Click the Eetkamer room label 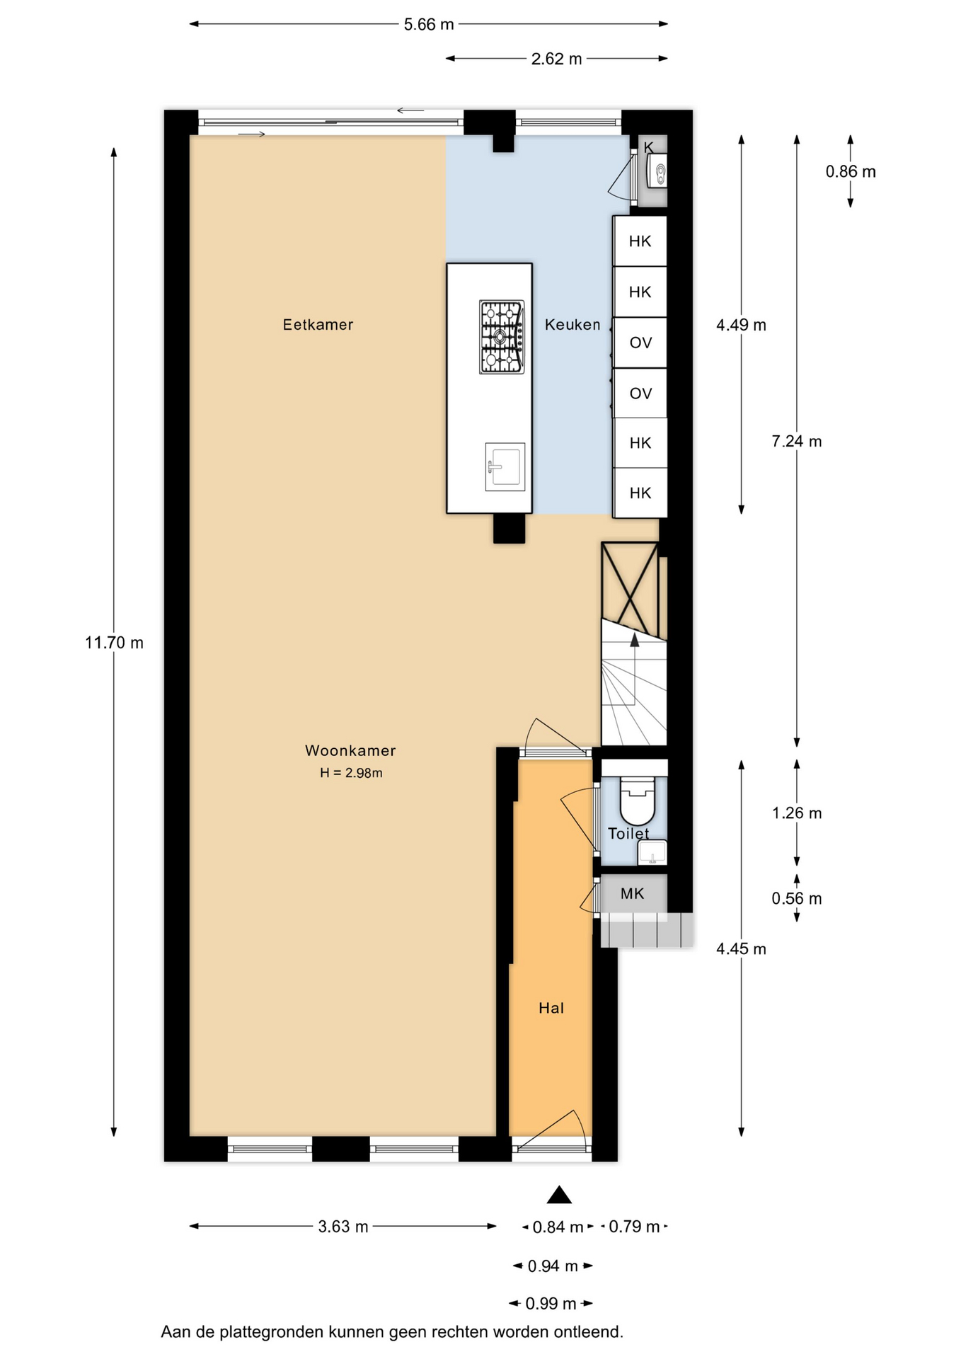click(x=318, y=325)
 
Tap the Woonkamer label click(x=350, y=750)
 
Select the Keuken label click(x=572, y=325)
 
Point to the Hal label click(x=551, y=1008)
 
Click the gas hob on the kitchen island click(x=502, y=337)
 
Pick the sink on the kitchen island click(x=505, y=466)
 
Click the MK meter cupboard click(x=633, y=893)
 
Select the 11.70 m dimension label click(x=114, y=643)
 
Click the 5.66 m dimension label click(x=429, y=25)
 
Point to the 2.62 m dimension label click(x=557, y=59)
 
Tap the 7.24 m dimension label click(x=797, y=442)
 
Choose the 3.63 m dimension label click(x=343, y=1227)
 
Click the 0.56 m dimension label click(x=797, y=899)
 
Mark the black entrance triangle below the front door click(x=559, y=1195)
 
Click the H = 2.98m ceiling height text click(x=351, y=773)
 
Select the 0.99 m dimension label click(x=551, y=1303)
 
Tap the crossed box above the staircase click(x=630, y=589)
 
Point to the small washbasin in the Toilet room click(x=652, y=853)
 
